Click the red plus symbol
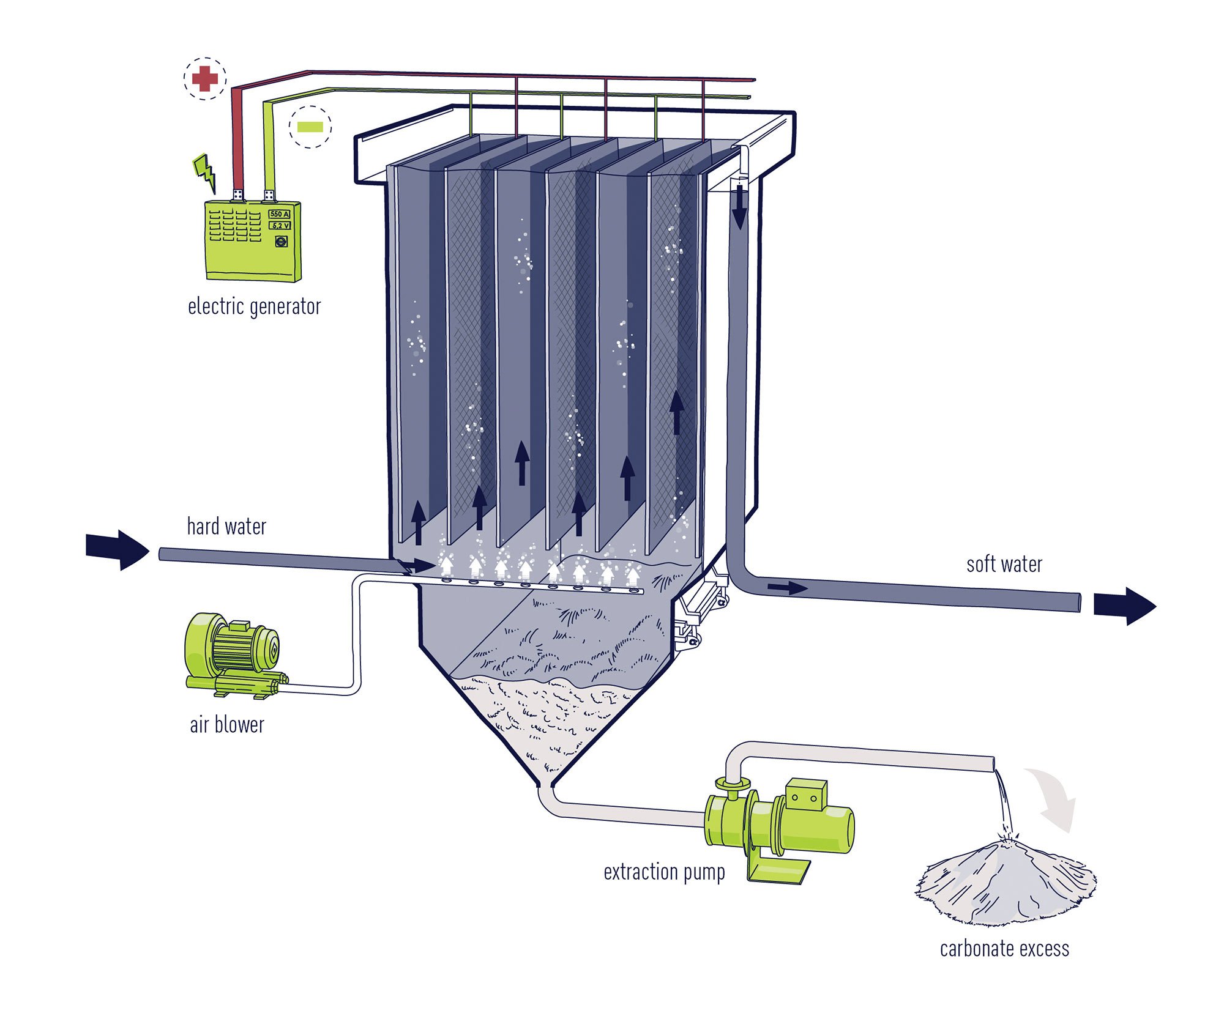pos(205,78)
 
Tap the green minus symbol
pos(310,127)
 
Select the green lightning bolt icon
pos(206,172)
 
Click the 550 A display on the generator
pos(279,214)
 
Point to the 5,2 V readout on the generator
pos(280,226)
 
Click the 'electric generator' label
pos(254,306)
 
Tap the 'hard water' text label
pos(226,527)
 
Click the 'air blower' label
pos(227,725)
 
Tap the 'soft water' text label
pos(1004,564)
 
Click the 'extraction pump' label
pos(664,872)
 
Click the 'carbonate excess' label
pos(1004,949)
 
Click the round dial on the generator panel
pos(281,242)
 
